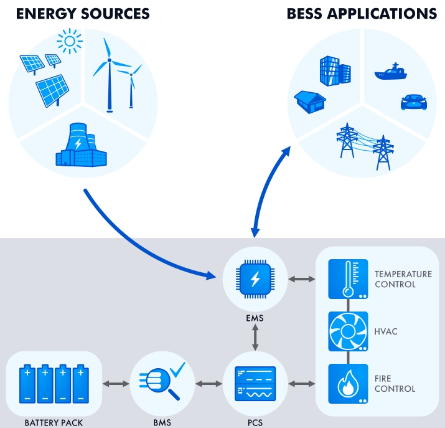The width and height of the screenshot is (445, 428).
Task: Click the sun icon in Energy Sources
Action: click(x=70, y=42)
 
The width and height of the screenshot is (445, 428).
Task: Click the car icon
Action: click(x=413, y=102)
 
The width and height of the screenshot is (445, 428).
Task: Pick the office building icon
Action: click(x=330, y=71)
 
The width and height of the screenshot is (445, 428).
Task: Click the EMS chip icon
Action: click(x=255, y=280)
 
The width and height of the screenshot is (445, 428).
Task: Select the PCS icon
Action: click(x=255, y=383)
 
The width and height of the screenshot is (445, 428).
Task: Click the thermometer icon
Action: click(x=348, y=279)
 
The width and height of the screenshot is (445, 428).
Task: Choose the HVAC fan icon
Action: click(x=348, y=331)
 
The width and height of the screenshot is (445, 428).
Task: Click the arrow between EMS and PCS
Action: click(x=255, y=337)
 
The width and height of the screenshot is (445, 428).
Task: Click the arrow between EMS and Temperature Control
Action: click(x=301, y=280)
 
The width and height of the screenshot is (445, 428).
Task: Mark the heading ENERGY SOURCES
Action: click(x=83, y=13)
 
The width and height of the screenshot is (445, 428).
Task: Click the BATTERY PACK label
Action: click(x=54, y=423)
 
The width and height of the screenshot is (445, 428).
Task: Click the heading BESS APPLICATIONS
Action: click(x=362, y=13)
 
